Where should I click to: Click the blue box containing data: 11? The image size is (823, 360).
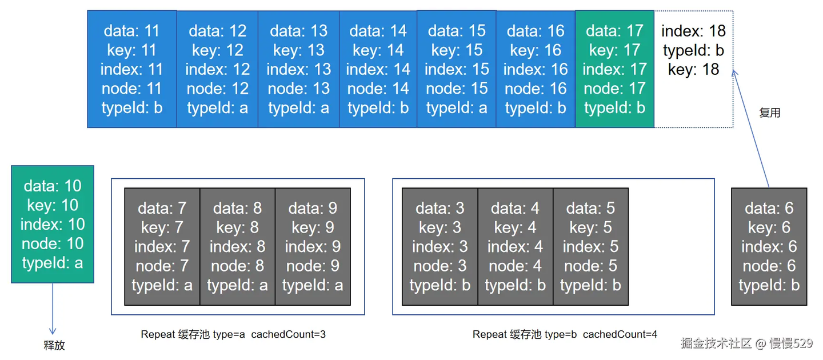132,69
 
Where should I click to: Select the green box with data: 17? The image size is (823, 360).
614,69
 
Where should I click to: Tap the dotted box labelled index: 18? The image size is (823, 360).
693,69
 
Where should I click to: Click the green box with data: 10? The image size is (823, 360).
53,224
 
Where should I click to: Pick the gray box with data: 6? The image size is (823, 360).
769,246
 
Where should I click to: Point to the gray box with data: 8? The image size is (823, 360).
237,246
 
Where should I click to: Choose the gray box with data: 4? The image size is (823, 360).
515,246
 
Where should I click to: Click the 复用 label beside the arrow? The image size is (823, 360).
769,113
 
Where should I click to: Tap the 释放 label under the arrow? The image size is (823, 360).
54,345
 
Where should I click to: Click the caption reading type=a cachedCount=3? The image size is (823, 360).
233,334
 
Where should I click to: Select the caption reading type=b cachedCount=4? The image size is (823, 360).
565,334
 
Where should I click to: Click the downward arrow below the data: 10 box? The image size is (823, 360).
53,309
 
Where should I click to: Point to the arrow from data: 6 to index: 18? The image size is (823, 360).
752,129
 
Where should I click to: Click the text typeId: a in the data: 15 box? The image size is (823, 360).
457,107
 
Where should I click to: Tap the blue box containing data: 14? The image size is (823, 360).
378,69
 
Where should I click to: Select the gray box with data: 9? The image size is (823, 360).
313,246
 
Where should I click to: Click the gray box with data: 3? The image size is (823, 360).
440,246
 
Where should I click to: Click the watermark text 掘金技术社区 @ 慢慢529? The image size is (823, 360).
746,343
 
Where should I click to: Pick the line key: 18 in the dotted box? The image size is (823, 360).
693,70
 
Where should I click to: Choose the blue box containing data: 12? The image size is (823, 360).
217,69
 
